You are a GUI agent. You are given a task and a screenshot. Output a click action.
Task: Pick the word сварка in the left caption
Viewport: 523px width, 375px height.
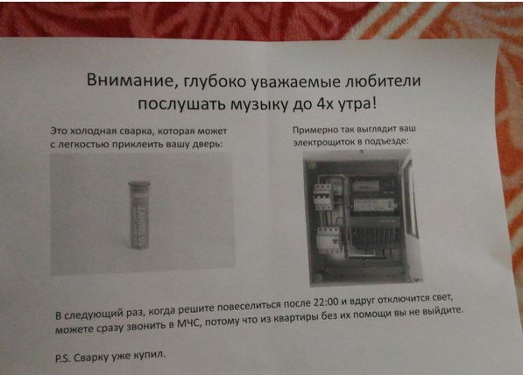click(x=136, y=131)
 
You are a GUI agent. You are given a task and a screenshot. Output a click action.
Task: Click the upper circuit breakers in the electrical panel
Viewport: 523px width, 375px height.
click(x=323, y=197)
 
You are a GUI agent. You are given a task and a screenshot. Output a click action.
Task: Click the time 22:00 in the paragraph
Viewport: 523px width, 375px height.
click(x=327, y=302)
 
